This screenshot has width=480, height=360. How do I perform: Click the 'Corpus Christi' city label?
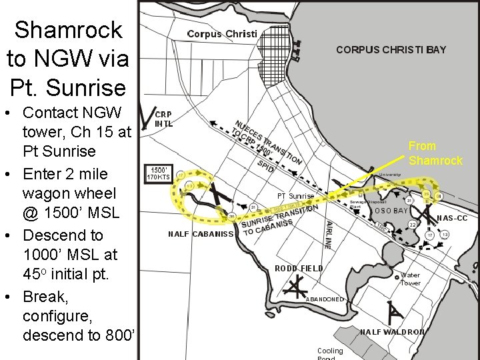click(222, 34)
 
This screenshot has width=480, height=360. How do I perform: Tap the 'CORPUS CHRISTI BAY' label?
click(391, 49)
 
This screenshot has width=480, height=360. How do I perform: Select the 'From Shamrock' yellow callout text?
click(435, 153)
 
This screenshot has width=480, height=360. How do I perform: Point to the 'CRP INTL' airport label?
click(164, 119)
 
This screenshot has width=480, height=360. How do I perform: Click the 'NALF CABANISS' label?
click(201, 234)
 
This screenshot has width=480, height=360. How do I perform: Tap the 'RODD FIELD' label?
click(299, 268)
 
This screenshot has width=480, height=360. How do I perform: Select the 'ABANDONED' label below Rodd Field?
click(324, 299)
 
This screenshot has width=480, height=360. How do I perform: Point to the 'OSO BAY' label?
click(391, 211)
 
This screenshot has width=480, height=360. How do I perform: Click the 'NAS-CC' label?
click(453, 218)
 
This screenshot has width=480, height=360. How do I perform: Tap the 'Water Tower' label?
click(410, 279)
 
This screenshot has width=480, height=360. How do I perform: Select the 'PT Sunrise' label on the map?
click(295, 196)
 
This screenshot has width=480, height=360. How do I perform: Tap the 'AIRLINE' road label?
click(328, 235)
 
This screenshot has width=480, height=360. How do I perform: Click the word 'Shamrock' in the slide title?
click(69, 29)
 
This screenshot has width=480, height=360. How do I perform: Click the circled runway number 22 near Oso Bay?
click(413, 224)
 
